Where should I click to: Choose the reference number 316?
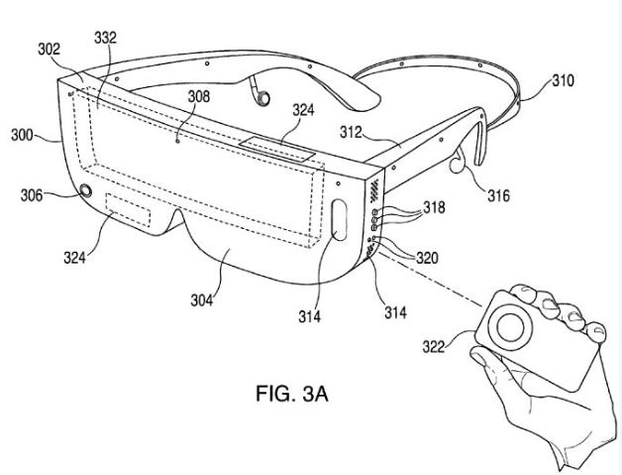click(x=497, y=196)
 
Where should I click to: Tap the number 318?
click(x=433, y=208)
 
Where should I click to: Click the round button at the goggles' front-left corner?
click(x=85, y=191)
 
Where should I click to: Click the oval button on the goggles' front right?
click(x=338, y=220)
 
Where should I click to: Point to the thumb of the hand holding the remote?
click(x=480, y=362)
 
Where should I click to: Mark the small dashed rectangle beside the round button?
click(x=129, y=212)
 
